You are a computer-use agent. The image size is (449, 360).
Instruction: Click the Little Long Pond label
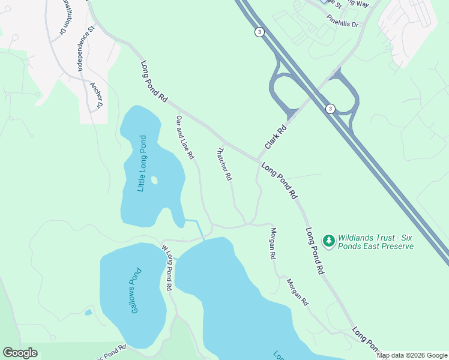pyautogui.click(x=142, y=163)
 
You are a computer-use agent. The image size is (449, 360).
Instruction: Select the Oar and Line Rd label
pyautogui.click(x=185, y=137)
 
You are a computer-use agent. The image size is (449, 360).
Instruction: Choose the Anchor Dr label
pyautogui.click(x=96, y=95)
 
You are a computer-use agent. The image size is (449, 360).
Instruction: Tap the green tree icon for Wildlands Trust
pyautogui.click(x=328, y=241)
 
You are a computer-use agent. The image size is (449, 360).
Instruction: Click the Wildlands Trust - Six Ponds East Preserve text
pyautogui.click(x=376, y=242)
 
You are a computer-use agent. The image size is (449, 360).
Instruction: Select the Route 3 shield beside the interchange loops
pyautogui.click(x=330, y=108)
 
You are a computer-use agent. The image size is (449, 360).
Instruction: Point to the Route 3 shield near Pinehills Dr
pyautogui.click(x=259, y=32)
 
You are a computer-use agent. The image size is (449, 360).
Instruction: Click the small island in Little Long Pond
pyautogui.click(x=154, y=180)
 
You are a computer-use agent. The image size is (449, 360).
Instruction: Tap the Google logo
pyautogui.click(x=20, y=353)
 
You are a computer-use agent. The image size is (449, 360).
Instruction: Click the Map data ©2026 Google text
pyautogui.click(x=412, y=355)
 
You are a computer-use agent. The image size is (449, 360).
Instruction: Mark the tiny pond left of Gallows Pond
pyautogui.click(x=89, y=312)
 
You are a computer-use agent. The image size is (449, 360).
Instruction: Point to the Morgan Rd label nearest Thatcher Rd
pyautogui.click(x=273, y=243)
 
